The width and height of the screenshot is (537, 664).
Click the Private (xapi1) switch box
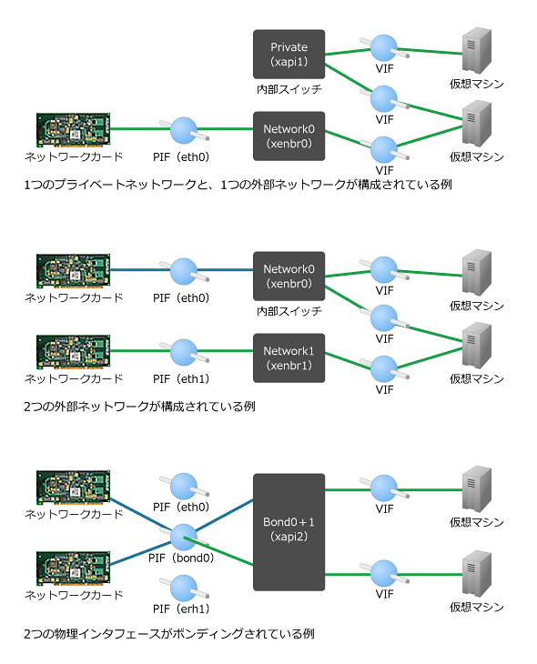click(x=289, y=55)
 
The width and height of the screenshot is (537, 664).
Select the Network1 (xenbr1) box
click(x=289, y=357)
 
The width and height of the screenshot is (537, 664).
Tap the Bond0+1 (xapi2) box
click(x=289, y=532)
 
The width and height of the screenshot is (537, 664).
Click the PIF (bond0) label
click(x=181, y=558)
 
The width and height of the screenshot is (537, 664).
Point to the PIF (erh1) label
click(x=181, y=609)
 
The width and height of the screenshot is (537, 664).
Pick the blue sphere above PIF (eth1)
click(x=184, y=352)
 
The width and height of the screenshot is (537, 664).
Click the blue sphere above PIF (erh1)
click(x=184, y=588)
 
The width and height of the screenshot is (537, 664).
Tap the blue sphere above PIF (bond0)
click(x=184, y=537)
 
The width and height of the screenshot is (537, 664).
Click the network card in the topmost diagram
click(x=74, y=130)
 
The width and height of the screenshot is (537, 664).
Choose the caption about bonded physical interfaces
click(x=168, y=634)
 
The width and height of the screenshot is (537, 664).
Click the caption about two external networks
click(x=139, y=407)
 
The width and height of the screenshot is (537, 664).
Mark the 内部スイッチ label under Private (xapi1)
click(x=289, y=89)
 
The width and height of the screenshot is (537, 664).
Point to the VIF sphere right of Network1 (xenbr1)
click(x=383, y=368)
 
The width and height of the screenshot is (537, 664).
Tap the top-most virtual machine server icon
click(x=477, y=50)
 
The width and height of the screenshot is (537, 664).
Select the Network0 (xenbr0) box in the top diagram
click(x=289, y=136)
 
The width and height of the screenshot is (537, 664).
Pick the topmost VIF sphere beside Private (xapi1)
click(x=383, y=47)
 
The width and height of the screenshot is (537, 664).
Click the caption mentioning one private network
click(x=238, y=185)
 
